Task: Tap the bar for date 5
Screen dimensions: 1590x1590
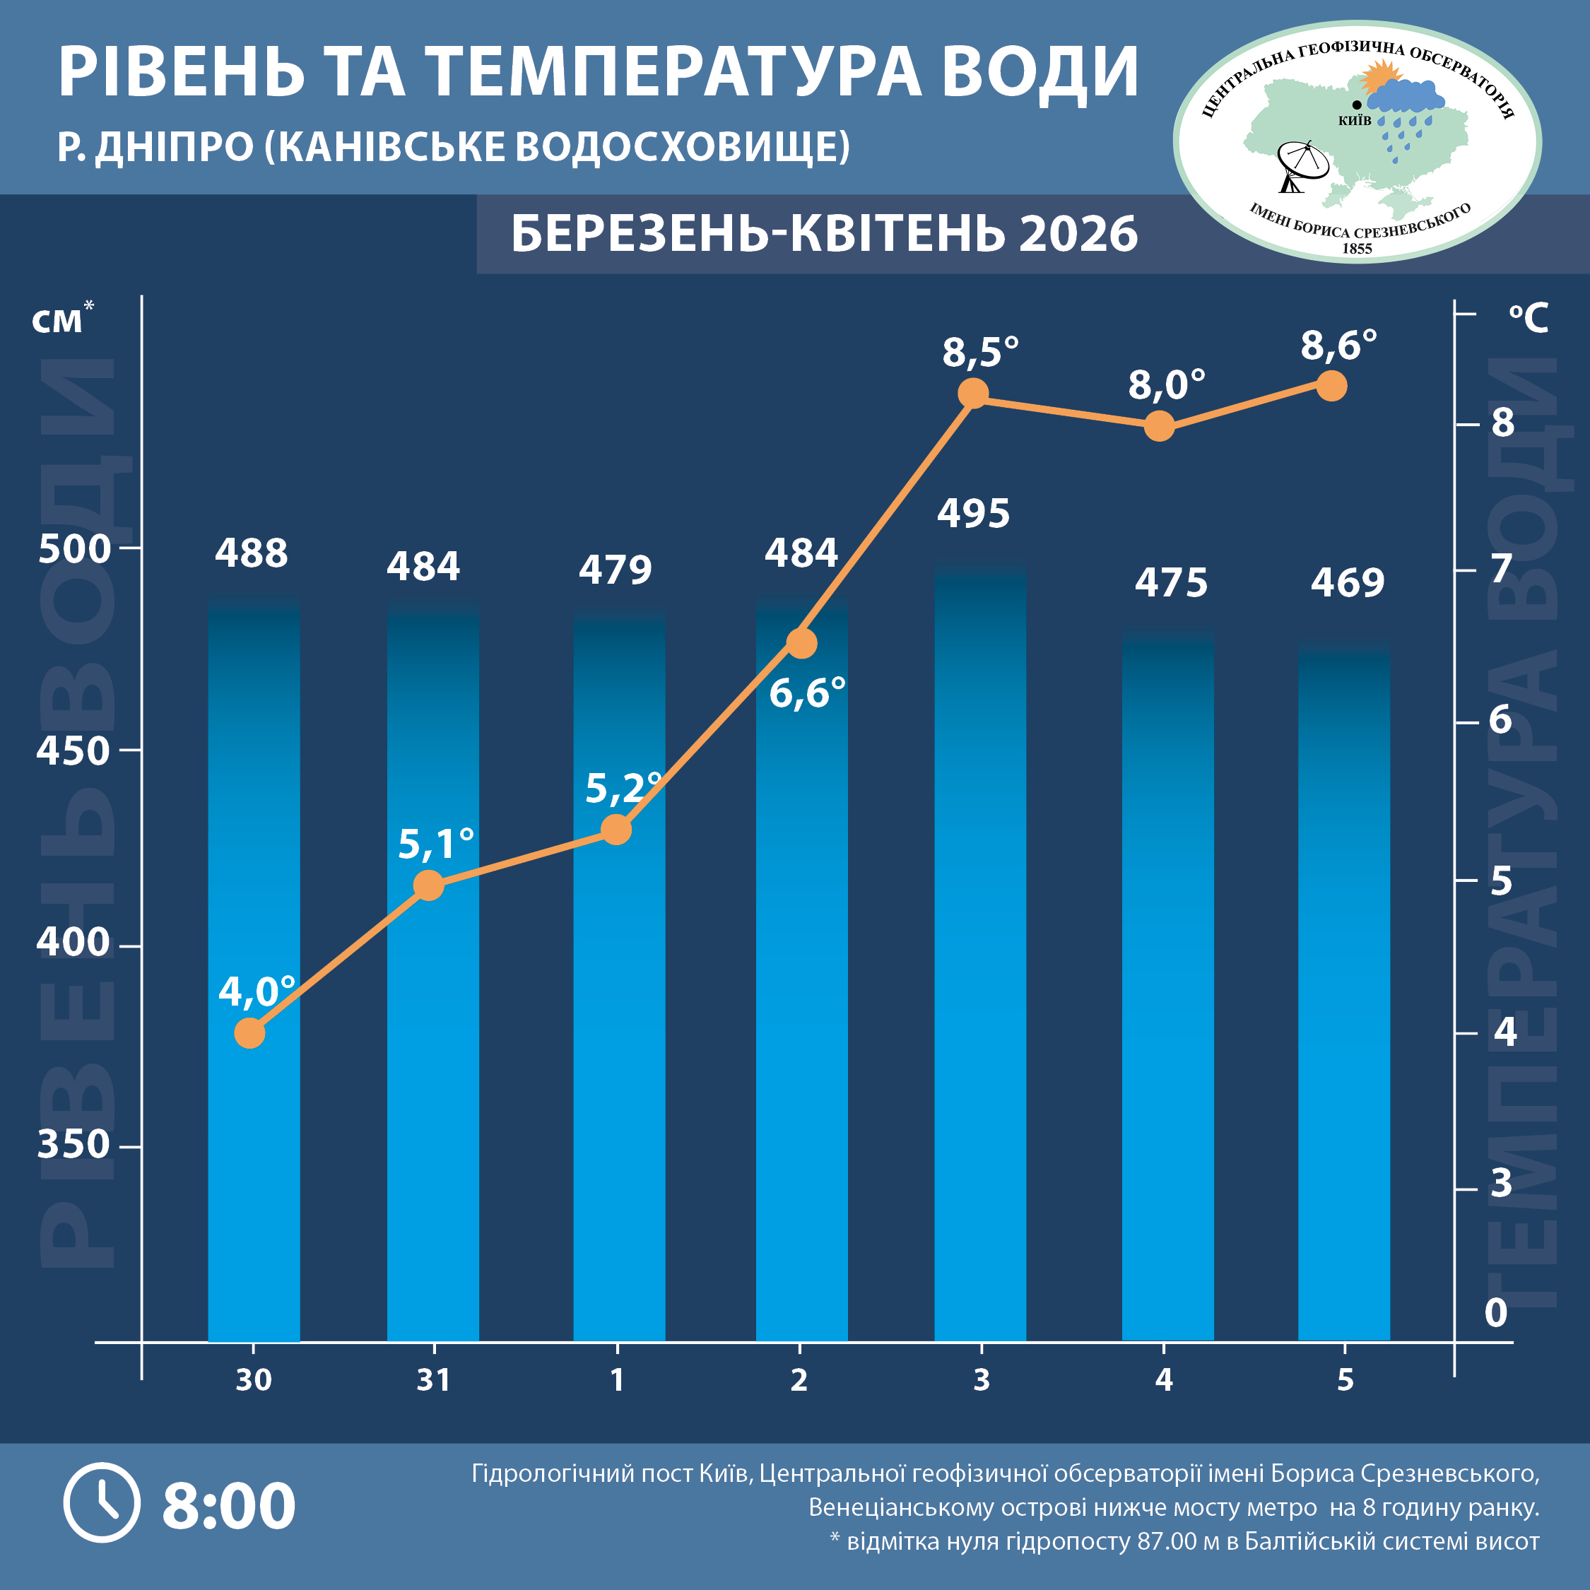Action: pos(1344,988)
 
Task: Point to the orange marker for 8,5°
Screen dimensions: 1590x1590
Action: pos(974,394)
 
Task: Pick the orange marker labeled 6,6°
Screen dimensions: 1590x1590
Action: pos(801,643)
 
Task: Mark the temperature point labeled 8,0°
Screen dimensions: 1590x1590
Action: pos(1160,426)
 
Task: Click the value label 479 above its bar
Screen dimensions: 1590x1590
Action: pos(615,570)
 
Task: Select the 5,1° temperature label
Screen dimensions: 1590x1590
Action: pos(435,844)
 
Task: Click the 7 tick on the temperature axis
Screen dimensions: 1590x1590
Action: pos(1502,568)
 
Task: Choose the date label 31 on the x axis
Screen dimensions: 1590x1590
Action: pos(434,1379)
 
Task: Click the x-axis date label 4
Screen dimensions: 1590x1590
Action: pos(1164,1379)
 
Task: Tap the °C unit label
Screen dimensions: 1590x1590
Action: pos(1529,318)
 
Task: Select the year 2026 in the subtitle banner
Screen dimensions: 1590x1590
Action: pos(1078,234)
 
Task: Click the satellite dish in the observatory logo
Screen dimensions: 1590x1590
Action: pos(1301,165)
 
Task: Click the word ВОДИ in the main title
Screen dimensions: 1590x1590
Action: pos(1040,72)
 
